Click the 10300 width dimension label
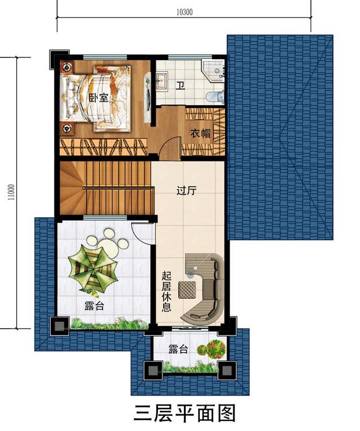pyautogui.click(x=184, y=12)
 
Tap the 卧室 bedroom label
pyautogui.click(x=99, y=97)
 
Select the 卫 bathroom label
pyautogui.click(x=180, y=86)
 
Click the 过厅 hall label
pyautogui.click(x=186, y=190)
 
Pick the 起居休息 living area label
pyautogui.click(x=166, y=291)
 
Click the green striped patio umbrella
pyautogui.click(x=90, y=269)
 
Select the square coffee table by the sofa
pyautogui.click(x=186, y=290)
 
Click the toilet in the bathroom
pyautogui.click(x=214, y=97)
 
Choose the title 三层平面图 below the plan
pyautogui.click(x=184, y=412)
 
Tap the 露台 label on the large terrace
pyautogui.click(x=94, y=306)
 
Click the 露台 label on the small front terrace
pyautogui.click(x=178, y=349)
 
